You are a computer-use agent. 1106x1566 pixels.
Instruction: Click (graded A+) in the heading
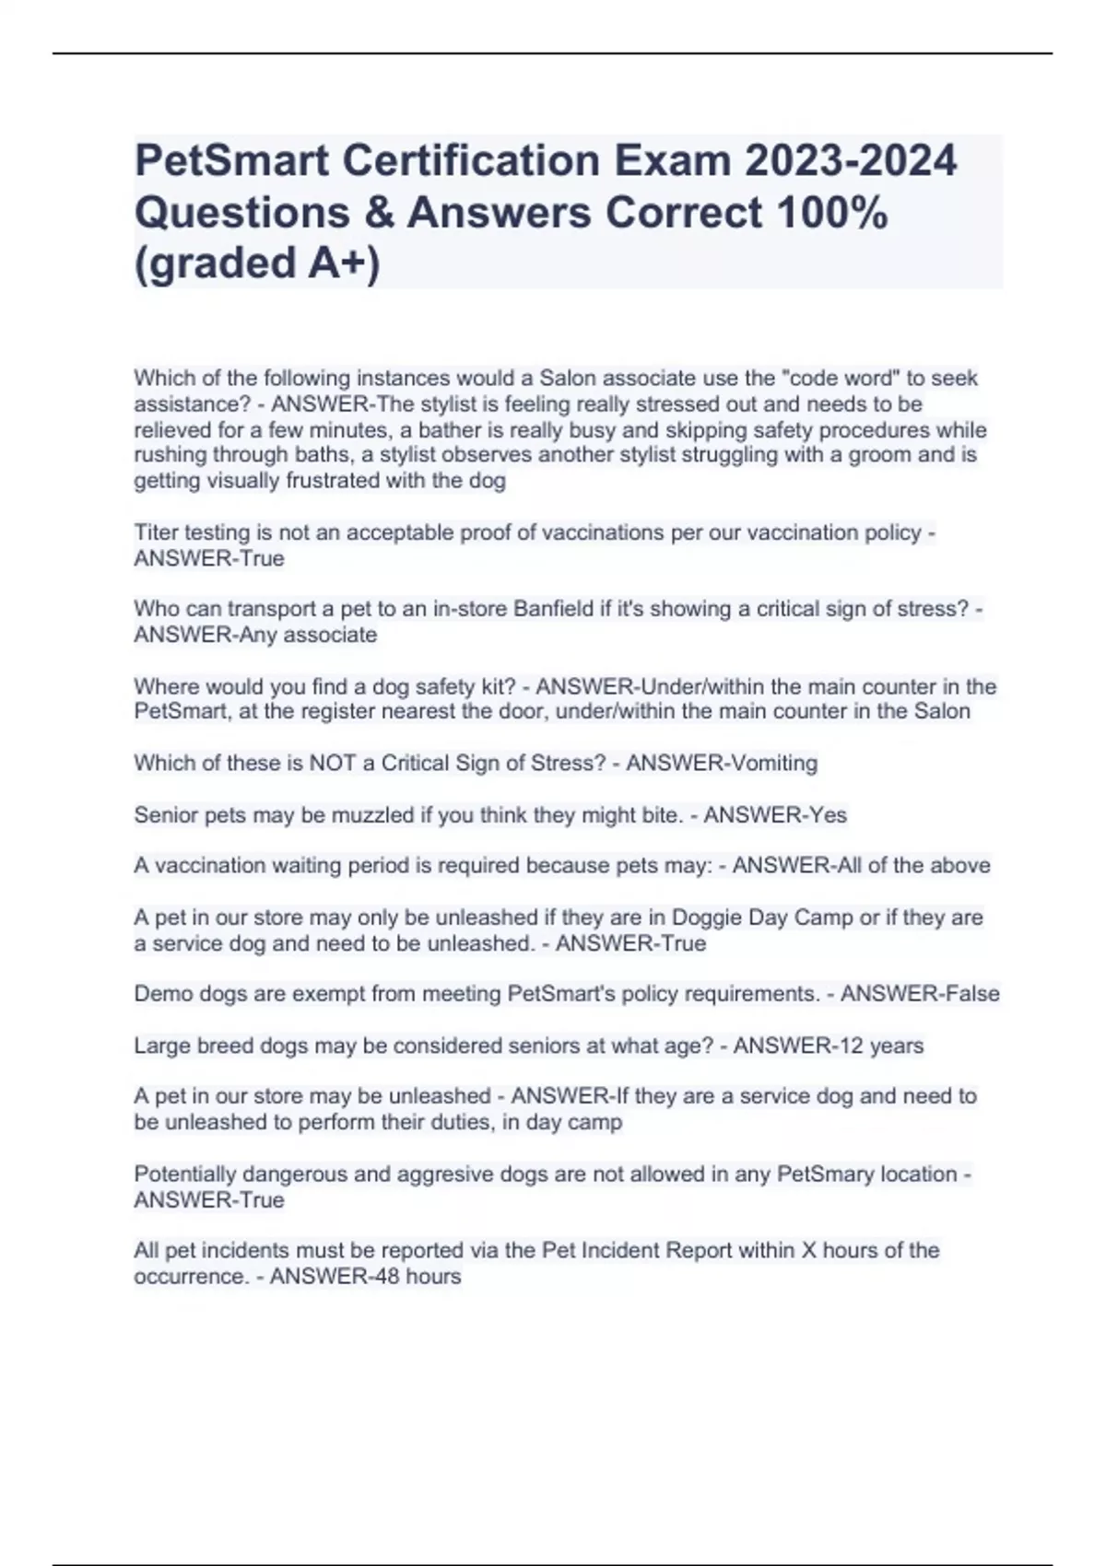click(257, 263)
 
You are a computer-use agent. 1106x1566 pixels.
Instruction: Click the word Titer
click(157, 532)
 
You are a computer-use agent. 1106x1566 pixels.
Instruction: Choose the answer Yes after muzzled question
click(827, 815)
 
